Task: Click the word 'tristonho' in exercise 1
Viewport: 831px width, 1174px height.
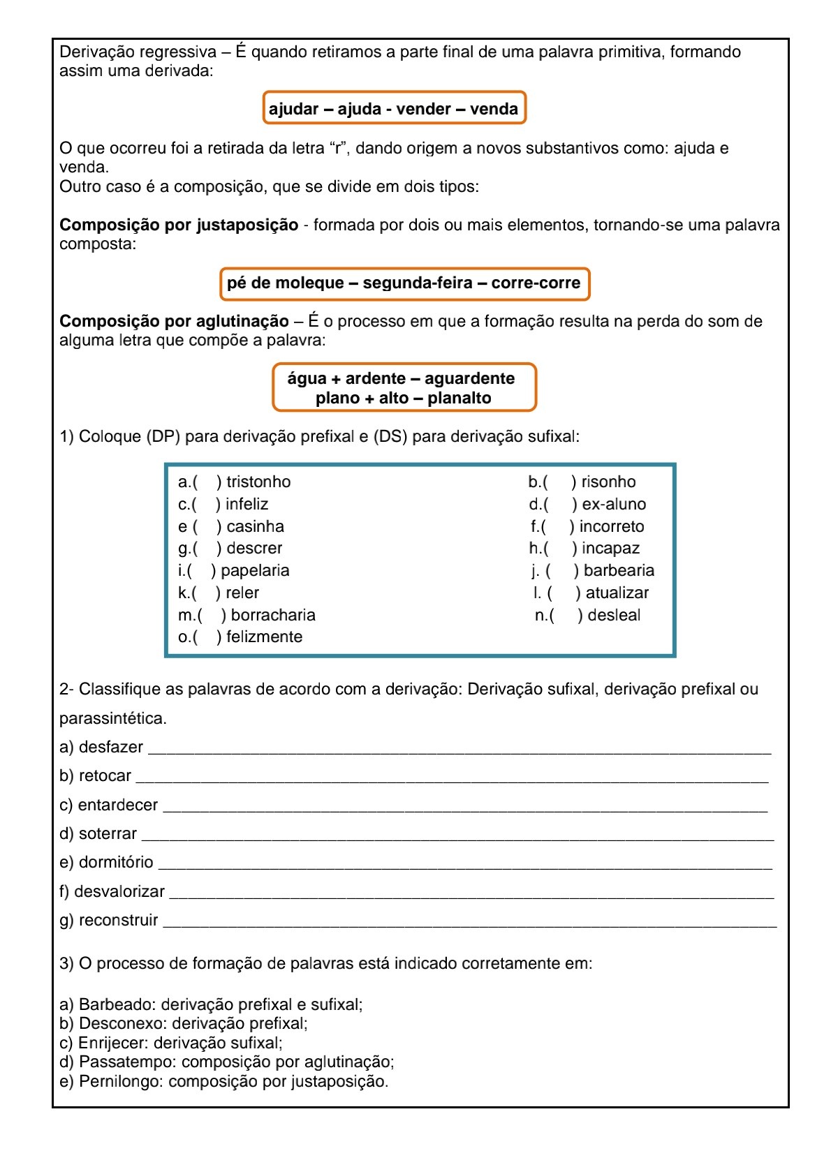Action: [258, 482]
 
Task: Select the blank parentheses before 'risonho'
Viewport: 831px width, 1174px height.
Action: [559, 482]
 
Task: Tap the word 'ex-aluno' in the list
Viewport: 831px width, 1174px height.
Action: [614, 504]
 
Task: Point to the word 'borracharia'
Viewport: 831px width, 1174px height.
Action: [273, 615]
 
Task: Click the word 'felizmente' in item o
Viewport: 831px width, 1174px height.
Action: [264, 637]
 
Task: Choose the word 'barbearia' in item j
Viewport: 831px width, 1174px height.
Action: [619, 570]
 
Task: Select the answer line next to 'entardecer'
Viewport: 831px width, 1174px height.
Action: [464, 809]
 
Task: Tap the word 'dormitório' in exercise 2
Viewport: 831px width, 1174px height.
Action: [116, 862]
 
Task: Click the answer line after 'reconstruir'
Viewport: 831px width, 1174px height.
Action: [469, 924]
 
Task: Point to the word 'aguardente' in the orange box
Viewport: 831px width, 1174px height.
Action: [469, 378]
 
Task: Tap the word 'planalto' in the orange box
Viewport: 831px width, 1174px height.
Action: [459, 398]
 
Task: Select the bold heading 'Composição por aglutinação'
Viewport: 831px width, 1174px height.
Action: [174, 321]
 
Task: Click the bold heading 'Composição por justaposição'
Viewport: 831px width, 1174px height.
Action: [179, 225]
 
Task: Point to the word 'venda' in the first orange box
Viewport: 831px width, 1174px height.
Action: [494, 109]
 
